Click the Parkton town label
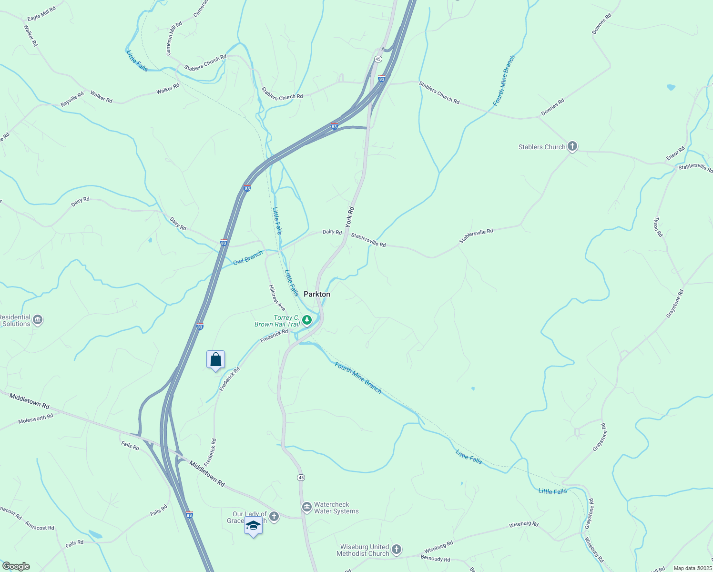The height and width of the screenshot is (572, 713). click(317, 294)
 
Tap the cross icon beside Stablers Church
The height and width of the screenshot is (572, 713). click(572, 147)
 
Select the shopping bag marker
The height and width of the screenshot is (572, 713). click(215, 360)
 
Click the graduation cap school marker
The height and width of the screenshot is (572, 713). click(253, 526)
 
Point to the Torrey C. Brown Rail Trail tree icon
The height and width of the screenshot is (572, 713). click(308, 320)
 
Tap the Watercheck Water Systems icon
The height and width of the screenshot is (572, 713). click(306, 506)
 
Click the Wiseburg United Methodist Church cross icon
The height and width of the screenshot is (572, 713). click(397, 549)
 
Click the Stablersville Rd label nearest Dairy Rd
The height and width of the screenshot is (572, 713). click(368, 240)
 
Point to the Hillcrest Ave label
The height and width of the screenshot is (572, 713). click(277, 298)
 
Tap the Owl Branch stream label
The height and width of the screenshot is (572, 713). click(248, 258)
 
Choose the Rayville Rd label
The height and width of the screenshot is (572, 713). click(72, 99)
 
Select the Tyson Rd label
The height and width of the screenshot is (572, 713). click(658, 227)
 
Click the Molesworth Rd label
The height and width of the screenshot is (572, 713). click(36, 419)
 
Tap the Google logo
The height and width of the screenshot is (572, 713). click(16, 566)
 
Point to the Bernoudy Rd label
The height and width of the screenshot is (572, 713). click(435, 559)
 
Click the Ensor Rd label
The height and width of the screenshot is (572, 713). click(675, 153)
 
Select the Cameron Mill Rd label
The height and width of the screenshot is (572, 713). click(174, 38)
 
